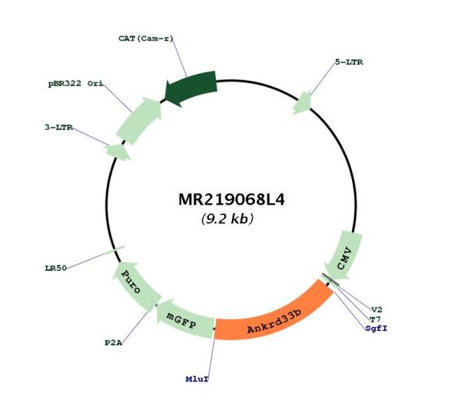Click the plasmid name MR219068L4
[x=231, y=199]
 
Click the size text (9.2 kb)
[x=227, y=219]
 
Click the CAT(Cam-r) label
[x=146, y=38]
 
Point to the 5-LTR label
[x=349, y=62]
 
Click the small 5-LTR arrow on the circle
[x=302, y=102]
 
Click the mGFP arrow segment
[x=184, y=319]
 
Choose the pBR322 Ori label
[x=75, y=84]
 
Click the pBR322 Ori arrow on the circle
[x=139, y=121]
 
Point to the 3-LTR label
[x=58, y=128]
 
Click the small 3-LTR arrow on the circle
[x=118, y=152]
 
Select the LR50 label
[x=55, y=268]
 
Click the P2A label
[x=114, y=343]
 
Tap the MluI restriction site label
[x=197, y=379]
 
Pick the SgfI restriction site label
[x=376, y=328]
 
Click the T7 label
[x=375, y=319]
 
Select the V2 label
[x=376, y=310]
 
